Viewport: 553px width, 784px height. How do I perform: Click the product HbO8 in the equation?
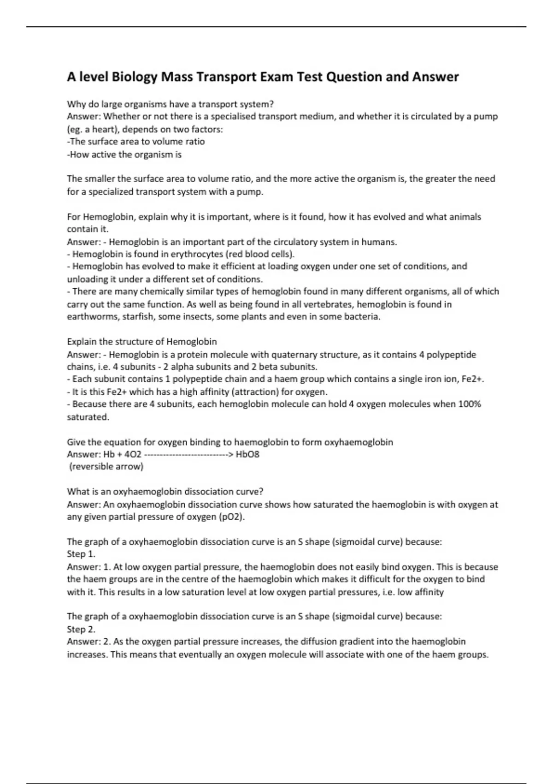(x=247, y=454)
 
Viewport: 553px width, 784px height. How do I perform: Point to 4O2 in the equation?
(x=133, y=454)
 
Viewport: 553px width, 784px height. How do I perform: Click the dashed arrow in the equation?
(x=188, y=454)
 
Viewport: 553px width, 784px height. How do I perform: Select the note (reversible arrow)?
(x=106, y=467)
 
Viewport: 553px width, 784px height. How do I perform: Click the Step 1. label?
(x=81, y=554)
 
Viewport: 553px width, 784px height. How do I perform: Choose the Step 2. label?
(x=81, y=629)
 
